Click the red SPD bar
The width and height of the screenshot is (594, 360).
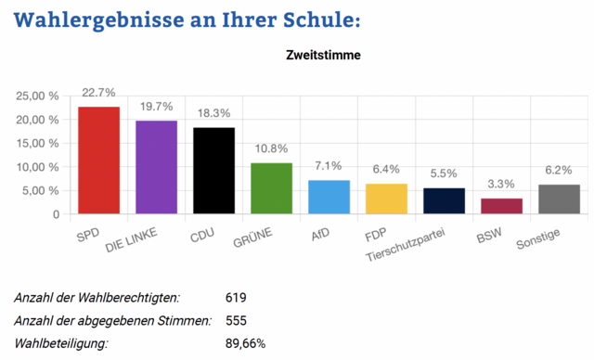point(98,161)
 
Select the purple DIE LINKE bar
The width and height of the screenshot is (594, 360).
point(156,168)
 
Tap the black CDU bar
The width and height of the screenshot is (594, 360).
point(213,171)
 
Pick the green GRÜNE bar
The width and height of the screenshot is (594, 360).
point(271,188)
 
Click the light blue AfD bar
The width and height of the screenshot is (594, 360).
point(329,197)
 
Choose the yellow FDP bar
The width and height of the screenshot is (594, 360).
point(386,199)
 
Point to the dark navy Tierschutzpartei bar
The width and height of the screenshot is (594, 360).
point(444,201)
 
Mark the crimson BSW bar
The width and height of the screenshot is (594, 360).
point(501,206)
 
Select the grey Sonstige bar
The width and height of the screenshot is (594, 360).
point(559,199)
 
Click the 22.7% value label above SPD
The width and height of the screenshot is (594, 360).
point(98,93)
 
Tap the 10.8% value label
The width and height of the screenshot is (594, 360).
point(271,148)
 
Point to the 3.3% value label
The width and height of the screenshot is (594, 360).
point(501,185)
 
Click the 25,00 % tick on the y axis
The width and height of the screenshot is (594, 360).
point(41,96)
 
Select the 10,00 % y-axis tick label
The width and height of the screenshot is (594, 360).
point(41,168)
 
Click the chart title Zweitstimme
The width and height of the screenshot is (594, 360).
point(323,55)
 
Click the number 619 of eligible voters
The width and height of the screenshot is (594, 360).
point(236,298)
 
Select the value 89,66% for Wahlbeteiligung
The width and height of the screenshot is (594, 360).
point(245,343)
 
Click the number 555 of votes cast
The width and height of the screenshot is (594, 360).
point(236,321)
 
